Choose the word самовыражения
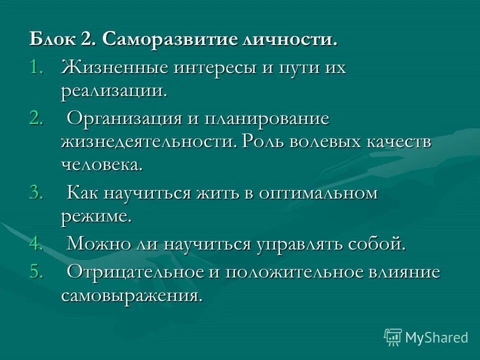pos(132,295)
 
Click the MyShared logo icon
pos(393,337)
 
